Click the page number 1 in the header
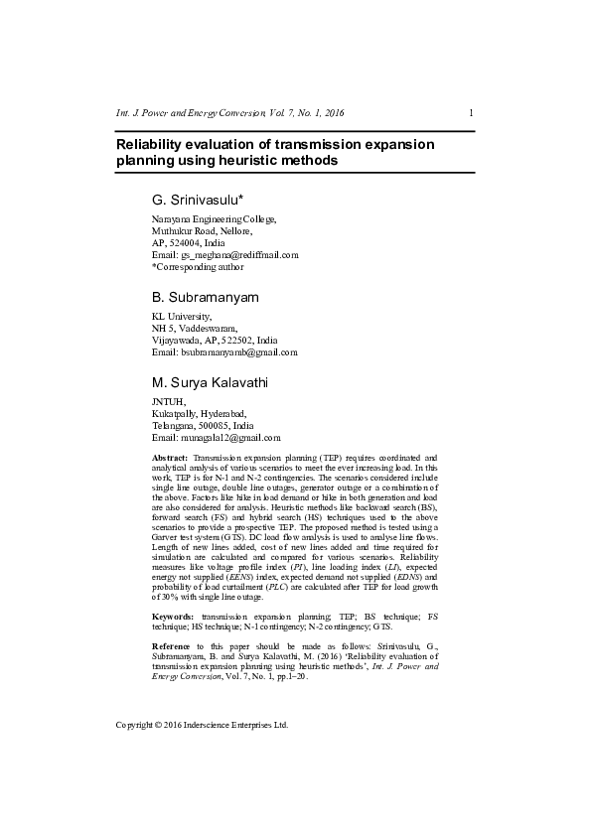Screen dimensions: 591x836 [470, 112]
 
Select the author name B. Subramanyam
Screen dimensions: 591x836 [205, 297]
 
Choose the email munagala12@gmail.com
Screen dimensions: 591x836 [229, 437]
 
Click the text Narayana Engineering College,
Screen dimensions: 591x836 [214, 218]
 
